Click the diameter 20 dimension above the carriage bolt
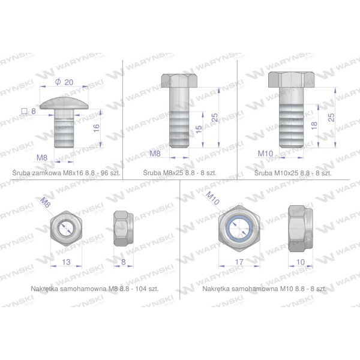click(64, 82)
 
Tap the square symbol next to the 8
click(24, 112)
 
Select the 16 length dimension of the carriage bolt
click(97, 128)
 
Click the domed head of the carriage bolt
click(64, 103)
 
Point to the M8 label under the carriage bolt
click(42, 158)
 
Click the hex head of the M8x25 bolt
click(179, 80)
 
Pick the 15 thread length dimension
click(199, 129)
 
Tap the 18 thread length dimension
click(314, 125)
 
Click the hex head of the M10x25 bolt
click(292, 79)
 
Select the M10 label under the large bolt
click(265, 154)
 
